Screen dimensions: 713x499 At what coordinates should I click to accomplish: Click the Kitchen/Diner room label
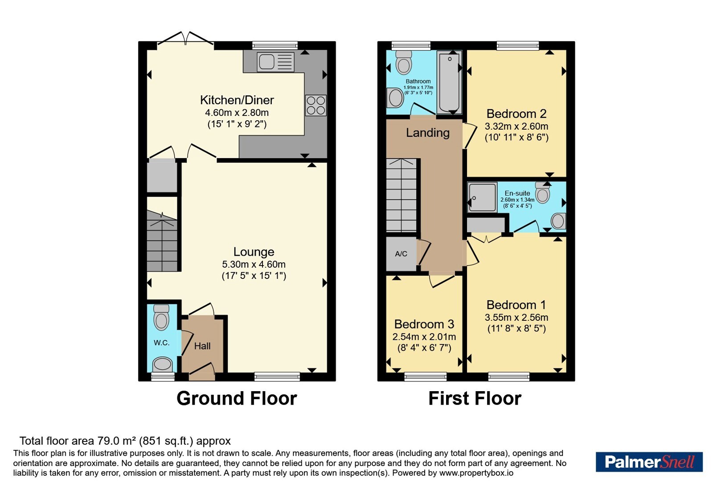[237, 100]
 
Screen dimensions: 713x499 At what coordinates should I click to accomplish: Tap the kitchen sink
[276, 62]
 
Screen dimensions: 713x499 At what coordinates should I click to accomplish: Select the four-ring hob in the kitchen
[316, 105]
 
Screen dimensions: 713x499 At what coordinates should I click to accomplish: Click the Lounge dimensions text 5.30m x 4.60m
[254, 265]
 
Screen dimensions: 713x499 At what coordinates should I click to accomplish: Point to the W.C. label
[162, 343]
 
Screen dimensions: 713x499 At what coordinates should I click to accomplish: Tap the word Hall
[202, 346]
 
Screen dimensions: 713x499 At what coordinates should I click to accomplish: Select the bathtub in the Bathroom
[449, 82]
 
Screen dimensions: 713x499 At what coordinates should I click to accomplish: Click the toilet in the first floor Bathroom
[404, 62]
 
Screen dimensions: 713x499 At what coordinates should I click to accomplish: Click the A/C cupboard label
[401, 254]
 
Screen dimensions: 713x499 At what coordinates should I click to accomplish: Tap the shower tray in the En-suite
[482, 197]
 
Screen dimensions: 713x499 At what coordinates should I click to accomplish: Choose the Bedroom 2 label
[516, 114]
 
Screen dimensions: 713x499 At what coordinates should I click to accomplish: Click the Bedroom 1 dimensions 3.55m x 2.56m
[516, 317]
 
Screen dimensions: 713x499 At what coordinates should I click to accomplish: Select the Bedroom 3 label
[424, 324]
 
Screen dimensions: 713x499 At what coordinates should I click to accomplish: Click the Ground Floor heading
[237, 398]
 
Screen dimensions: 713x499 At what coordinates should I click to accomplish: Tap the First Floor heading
[475, 398]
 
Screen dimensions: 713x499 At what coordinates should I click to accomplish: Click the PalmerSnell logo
[649, 462]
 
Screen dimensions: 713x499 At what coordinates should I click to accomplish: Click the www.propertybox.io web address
[476, 473]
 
